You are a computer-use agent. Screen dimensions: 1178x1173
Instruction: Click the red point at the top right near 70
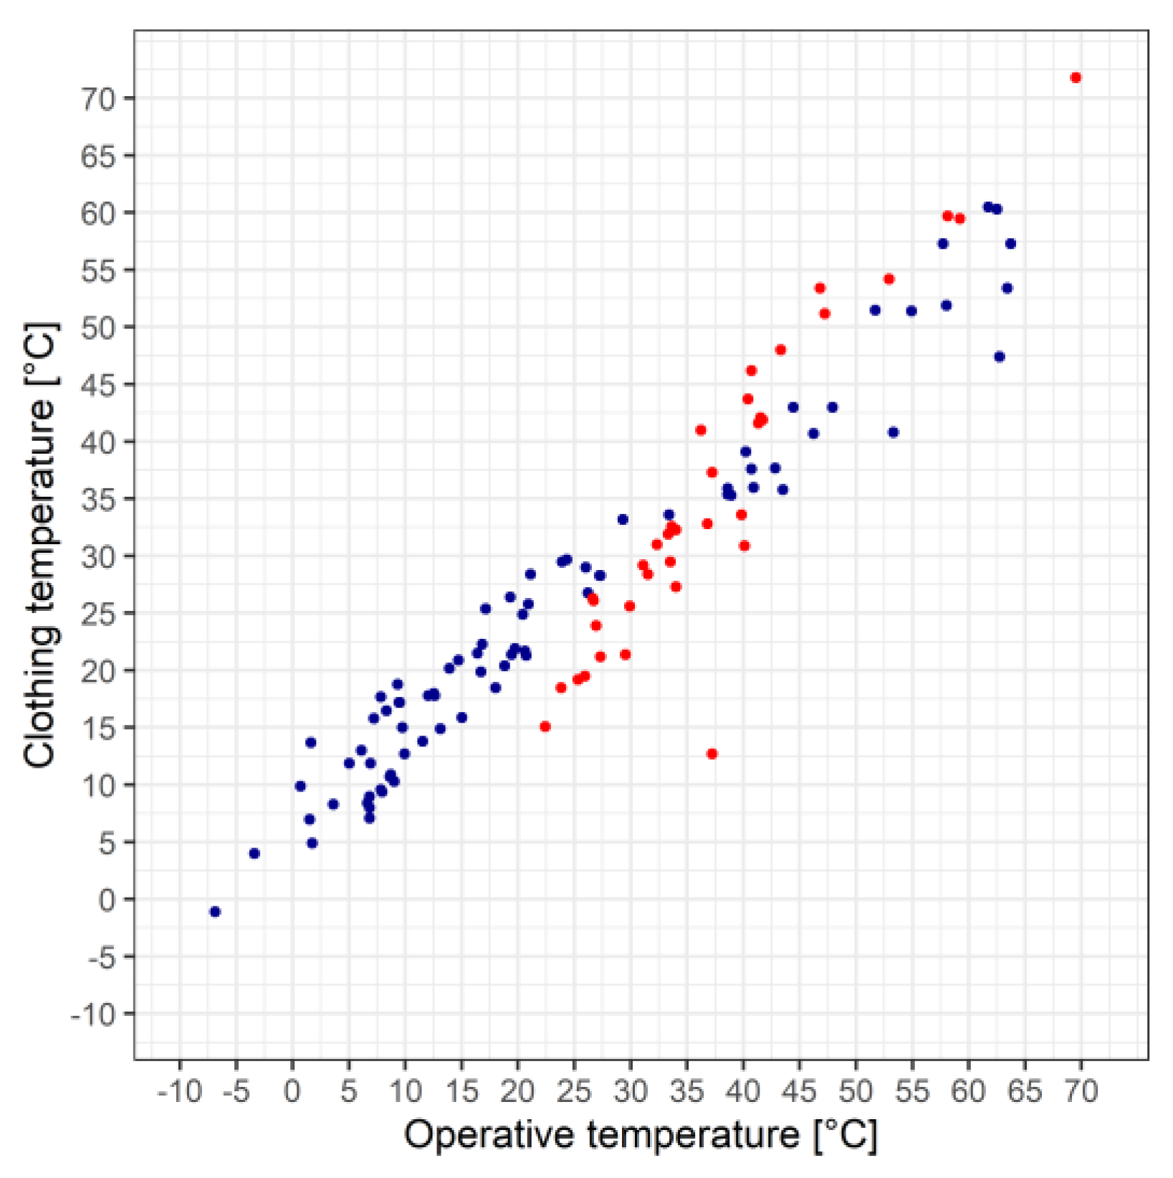(1076, 77)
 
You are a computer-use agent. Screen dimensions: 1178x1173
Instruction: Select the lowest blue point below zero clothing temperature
(215, 911)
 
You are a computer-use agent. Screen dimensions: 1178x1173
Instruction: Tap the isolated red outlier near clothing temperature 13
(712, 754)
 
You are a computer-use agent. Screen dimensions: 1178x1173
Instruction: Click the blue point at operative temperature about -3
(254, 853)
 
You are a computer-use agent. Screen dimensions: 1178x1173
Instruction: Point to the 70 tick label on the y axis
(97, 98)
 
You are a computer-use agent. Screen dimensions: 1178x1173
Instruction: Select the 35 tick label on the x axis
(686, 1091)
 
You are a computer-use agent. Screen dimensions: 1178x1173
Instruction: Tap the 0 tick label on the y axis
(107, 899)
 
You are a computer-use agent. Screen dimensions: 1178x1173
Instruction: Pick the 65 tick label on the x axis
(1025, 1091)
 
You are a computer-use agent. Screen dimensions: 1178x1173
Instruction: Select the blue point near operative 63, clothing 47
(1000, 356)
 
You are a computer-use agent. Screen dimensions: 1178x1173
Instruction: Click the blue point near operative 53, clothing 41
(893, 432)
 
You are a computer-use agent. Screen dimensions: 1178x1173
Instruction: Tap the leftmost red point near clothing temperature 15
(545, 726)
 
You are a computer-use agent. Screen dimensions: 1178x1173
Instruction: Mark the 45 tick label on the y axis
(97, 384)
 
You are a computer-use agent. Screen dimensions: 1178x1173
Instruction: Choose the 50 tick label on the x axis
(856, 1091)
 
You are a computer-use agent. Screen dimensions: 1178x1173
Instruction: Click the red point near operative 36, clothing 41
(701, 430)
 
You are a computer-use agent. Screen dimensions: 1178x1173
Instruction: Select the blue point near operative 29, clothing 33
(623, 519)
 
